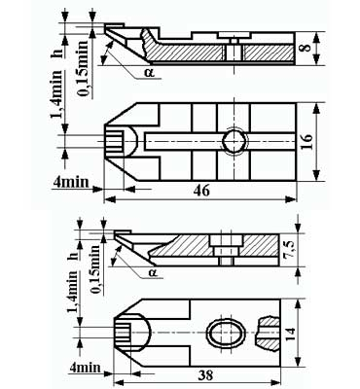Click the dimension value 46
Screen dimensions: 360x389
click(x=201, y=191)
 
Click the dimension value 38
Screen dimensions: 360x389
click(x=205, y=375)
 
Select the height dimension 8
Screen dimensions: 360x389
click(x=306, y=48)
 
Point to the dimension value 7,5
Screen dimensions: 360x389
click(x=290, y=250)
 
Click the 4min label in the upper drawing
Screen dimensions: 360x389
click(x=71, y=182)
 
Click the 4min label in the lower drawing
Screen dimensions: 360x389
click(x=86, y=368)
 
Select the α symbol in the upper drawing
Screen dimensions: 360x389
click(x=149, y=73)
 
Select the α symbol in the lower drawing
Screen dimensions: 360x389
click(x=153, y=272)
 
